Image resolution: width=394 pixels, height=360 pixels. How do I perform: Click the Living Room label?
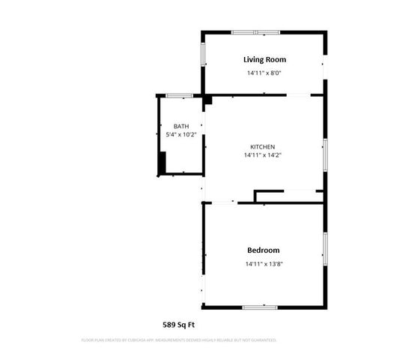click(264, 59)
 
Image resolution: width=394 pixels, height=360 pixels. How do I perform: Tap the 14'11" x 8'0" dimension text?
click(264, 73)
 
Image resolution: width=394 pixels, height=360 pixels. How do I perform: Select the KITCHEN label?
click(262, 146)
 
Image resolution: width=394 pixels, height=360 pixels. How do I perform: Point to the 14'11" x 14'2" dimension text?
click(262, 156)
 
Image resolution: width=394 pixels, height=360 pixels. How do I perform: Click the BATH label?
click(181, 126)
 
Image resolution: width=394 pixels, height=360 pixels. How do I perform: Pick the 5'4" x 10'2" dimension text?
click(181, 135)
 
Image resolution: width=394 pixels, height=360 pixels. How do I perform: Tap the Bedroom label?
click(263, 250)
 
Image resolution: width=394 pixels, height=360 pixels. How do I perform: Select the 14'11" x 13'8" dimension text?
click(263, 264)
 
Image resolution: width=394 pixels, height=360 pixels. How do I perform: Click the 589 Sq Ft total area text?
click(179, 325)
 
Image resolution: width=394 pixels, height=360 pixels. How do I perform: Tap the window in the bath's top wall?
click(177, 95)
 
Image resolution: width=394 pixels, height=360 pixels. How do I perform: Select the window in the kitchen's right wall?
click(324, 154)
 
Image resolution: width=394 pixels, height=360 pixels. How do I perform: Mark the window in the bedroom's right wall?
click(324, 249)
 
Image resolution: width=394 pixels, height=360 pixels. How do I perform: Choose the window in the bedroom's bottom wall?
click(260, 307)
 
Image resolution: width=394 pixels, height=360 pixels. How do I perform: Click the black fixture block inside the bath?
click(161, 162)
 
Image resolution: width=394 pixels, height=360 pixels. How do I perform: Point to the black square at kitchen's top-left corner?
click(207, 99)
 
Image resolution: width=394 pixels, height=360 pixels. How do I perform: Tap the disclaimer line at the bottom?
click(179, 340)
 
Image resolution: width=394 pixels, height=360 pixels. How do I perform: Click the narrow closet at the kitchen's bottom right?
click(289, 196)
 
